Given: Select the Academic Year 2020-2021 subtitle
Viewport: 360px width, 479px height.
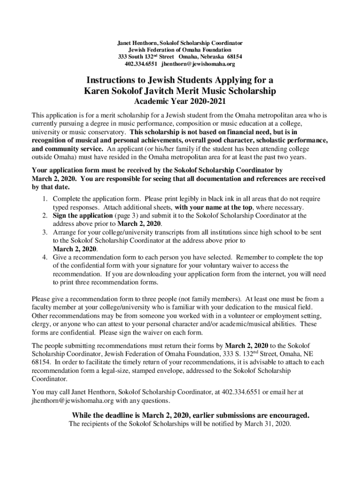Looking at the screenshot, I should tap(180, 102).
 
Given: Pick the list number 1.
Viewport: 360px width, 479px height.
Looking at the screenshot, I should tap(43, 199).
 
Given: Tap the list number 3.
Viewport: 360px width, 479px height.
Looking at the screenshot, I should tap(43, 232).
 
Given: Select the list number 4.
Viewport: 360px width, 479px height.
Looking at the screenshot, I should tap(43, 257).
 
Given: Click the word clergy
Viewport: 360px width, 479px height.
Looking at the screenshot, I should tap(41, 324).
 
